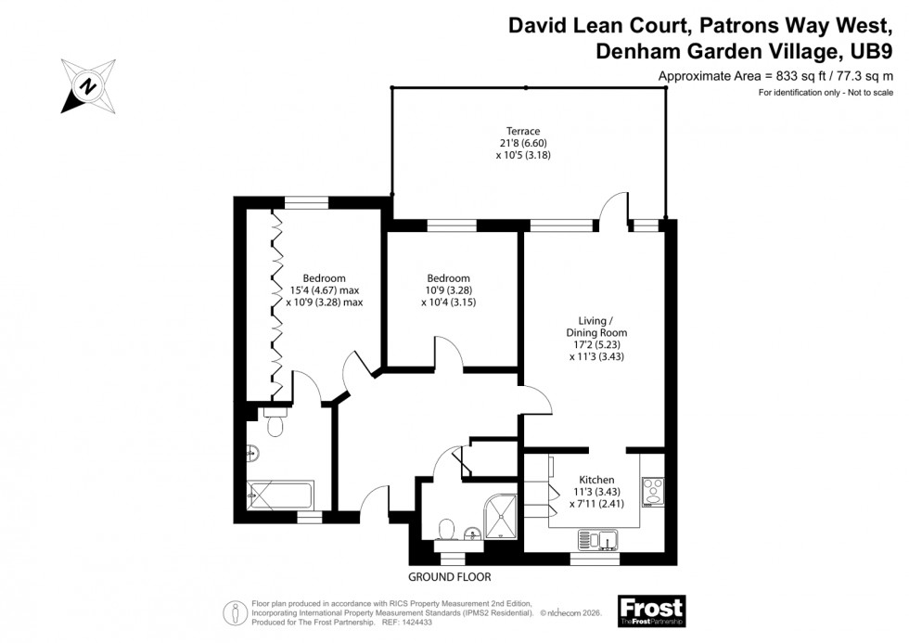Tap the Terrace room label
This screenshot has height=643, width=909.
(523, 131)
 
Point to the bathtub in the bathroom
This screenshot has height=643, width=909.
(281, 492)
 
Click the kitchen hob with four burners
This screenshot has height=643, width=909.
(652, 489)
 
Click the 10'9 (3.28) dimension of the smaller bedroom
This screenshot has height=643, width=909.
(448, 289)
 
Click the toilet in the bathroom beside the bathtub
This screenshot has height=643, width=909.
(274, 423)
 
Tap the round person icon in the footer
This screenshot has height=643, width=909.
(233, 611)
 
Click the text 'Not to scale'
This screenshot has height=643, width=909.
(868, 93)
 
